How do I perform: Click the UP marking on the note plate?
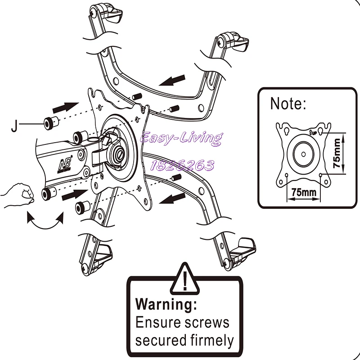pos(313,132)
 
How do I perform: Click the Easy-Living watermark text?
pos(181,138)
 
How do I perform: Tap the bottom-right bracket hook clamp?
pos(241,252)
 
